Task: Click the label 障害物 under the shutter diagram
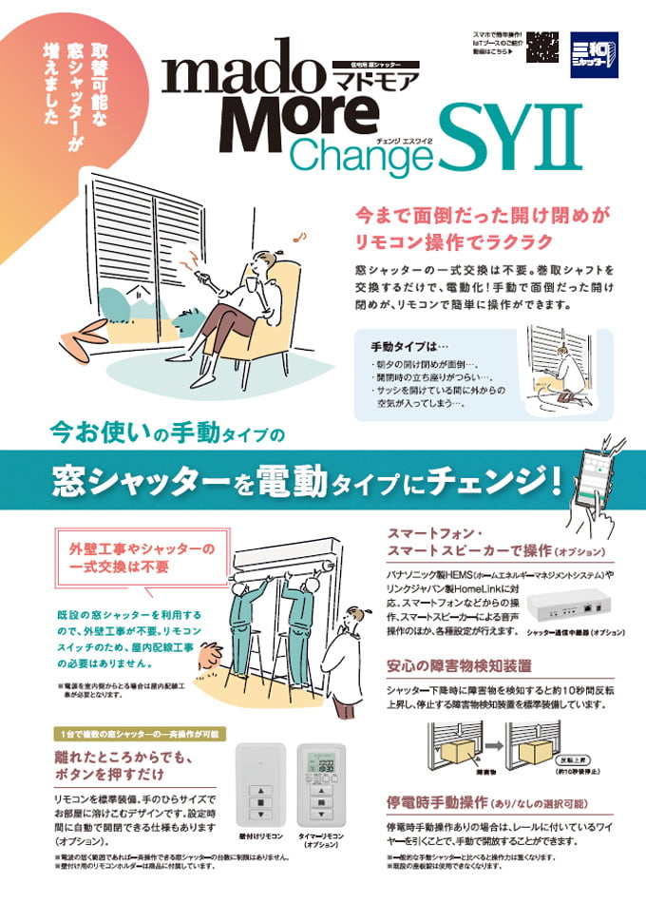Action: point(468,760)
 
